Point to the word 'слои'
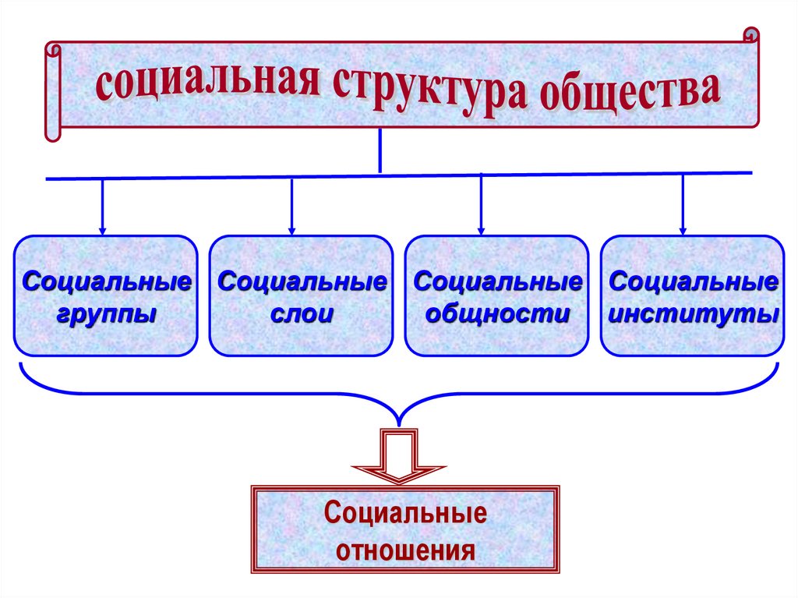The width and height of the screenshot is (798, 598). (x=301, y=314)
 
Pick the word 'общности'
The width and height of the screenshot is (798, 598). (x=496, y=314)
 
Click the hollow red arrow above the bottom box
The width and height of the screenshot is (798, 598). (x=398, y=456)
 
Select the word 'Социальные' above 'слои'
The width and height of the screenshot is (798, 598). (x=301, y=281)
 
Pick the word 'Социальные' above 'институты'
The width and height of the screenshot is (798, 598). (x=693, y=281)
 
